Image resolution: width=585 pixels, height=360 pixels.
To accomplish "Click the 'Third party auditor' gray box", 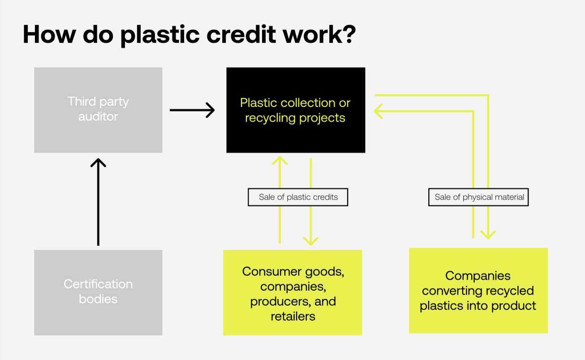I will pos(98,110).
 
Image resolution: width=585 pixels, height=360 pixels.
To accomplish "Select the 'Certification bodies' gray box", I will pos(98,292).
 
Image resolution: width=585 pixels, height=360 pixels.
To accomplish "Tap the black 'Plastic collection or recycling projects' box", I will pos(296,110).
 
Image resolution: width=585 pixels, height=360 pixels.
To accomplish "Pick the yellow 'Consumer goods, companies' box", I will pos(292,293).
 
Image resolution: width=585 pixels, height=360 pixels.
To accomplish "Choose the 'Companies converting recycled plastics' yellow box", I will pos(478,291).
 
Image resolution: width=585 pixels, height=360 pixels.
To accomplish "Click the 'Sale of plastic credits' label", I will pos(298,197).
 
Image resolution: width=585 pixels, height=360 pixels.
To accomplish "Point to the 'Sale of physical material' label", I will pos(478,197).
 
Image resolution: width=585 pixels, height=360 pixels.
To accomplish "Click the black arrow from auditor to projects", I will pos(192,110).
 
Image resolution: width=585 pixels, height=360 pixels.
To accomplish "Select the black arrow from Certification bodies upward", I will pos(98,201).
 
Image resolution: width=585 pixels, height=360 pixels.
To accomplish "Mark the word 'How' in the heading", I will pos(48,34).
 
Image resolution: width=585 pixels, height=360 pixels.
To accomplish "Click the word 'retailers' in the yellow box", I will pos(293,317).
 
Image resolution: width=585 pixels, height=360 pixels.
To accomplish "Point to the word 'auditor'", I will pos(98,117).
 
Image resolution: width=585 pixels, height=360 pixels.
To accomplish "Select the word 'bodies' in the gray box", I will pos(98,299).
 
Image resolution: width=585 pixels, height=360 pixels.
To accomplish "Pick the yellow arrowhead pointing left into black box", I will pos(379,111).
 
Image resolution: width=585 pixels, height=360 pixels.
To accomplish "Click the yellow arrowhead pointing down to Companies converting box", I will pos(488,234).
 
